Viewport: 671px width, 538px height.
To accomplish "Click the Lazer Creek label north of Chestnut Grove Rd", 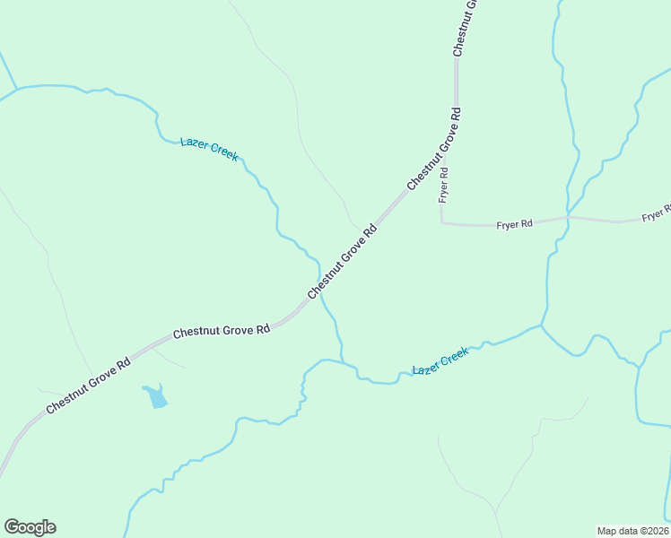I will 209,149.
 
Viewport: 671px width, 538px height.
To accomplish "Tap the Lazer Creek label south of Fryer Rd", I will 440,361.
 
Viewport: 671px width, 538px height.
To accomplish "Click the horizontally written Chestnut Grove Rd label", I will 222,331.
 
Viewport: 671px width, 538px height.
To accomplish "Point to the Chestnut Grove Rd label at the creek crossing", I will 342,262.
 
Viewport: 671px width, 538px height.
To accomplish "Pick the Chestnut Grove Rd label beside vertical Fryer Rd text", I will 434,148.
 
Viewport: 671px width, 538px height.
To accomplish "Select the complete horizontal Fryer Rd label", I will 515,224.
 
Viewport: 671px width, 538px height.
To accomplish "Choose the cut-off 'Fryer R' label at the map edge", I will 657,216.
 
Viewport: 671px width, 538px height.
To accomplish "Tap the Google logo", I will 30,527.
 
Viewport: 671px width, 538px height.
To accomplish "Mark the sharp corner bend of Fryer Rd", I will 442,221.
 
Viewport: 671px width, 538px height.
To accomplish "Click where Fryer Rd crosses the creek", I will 567,217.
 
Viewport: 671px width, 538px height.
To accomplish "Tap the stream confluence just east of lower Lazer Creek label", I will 542,326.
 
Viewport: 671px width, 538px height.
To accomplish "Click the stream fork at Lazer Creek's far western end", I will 16,88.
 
